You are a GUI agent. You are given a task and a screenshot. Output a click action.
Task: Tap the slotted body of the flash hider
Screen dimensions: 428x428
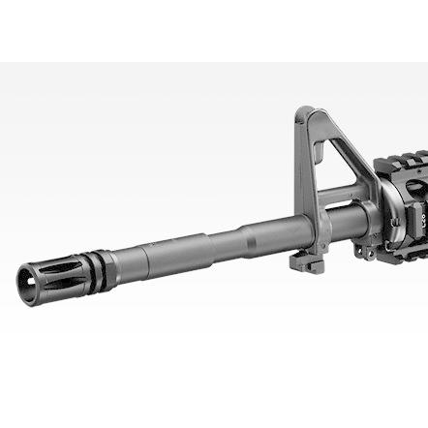tap(53, 270)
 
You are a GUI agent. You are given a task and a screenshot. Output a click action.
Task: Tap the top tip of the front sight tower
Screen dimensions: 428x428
tap(306, 111)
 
